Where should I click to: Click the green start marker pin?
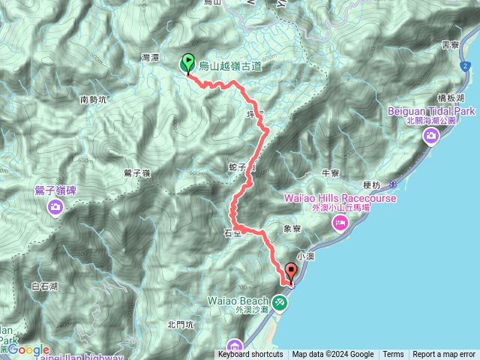click(187, 64)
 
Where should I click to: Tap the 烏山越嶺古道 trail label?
click(230, 67)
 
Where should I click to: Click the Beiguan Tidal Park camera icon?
click(432, 135)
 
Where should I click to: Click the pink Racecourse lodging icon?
click(340, 221)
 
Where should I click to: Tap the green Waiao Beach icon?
click(280, 302)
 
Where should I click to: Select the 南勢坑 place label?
click(94, 98)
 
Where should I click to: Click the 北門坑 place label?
click(181, 324)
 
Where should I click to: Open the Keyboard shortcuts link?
click(250, 354)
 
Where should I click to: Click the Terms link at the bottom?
click(393, 354)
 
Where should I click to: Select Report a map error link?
click(444, 354)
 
